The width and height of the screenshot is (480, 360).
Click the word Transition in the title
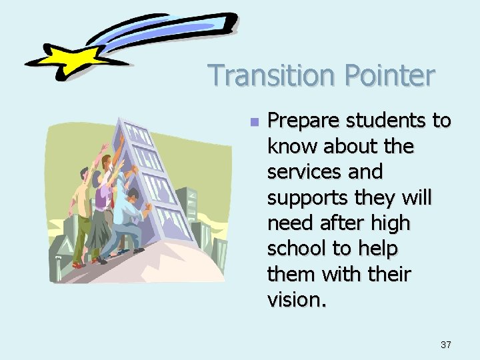[267, 75]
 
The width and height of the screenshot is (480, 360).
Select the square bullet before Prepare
[253, 122]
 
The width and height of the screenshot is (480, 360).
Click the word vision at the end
[295, 299]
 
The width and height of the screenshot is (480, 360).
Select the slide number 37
[445, 345]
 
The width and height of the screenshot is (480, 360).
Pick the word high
[393, 223]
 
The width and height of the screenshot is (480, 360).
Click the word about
[342, 146]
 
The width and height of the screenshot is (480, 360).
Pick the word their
[387, 274]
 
